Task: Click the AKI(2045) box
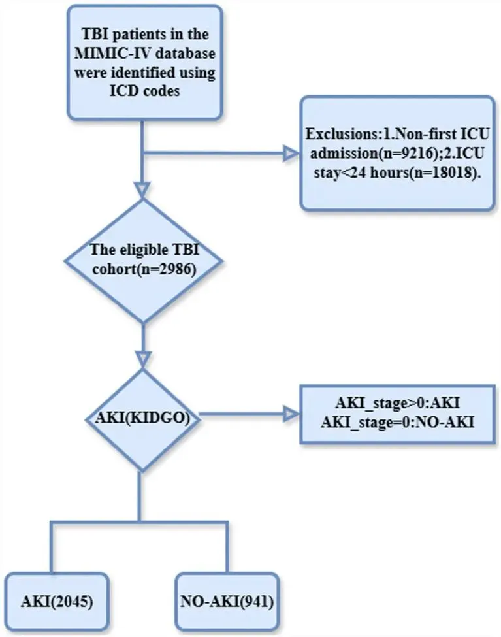pyautogui.click(x=57, y=601)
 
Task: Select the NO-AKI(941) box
pyautogui.click(x=227, y=601)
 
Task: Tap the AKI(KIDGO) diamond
pyautogui.click(x=142, y=419)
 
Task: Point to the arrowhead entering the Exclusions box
pyautogui.click(x=291, y=154)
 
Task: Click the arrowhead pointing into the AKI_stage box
pyautogui.click(x=291, y=414)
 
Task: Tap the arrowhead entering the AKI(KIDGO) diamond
pyautogui.click(x=142, y=360)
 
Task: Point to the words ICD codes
pyautogui.click(x=144, y=90)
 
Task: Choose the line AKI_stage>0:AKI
pyautogui.click(x=397, y=403)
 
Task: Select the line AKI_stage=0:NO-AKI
pyautogui.click(x=397, y=423)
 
